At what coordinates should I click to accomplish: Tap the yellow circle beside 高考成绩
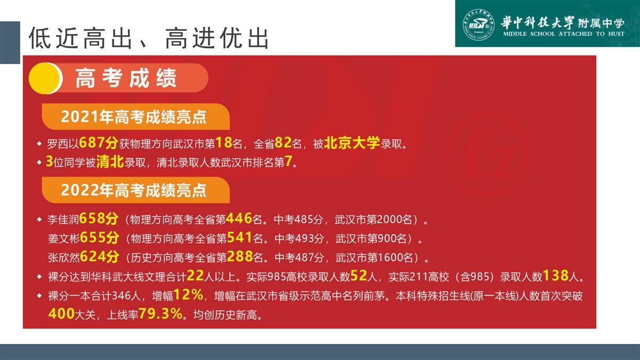tap(45, 78)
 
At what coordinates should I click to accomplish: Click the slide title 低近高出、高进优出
tap(149, 38)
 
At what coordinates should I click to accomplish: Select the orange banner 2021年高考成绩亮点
tap(135, 117)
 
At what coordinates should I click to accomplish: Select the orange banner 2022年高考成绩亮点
tap(135, 190)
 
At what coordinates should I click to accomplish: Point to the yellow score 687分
tap(99, 142)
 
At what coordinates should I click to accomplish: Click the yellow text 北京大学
tap(351, 142)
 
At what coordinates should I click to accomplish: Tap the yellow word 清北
tap(110, 162)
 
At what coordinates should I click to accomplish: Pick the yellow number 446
tap(239, 219)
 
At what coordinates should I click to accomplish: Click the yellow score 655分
tap(99, 237)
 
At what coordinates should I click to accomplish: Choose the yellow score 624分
tap(99, 257)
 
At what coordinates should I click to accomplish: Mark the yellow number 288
tap(239, 257)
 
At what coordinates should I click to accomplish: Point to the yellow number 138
tap(555, 276)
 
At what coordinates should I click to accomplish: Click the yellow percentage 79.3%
tap(161, 314)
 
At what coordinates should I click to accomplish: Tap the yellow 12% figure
tap(188, 294)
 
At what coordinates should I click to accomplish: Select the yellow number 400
tap(61, 314)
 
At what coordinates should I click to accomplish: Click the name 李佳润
tap(63, 219)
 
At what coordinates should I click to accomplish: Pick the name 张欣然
tap(63, 258)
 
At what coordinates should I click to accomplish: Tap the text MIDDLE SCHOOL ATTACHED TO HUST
tap(564, 34)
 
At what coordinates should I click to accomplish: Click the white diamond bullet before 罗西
tap(39, 143)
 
